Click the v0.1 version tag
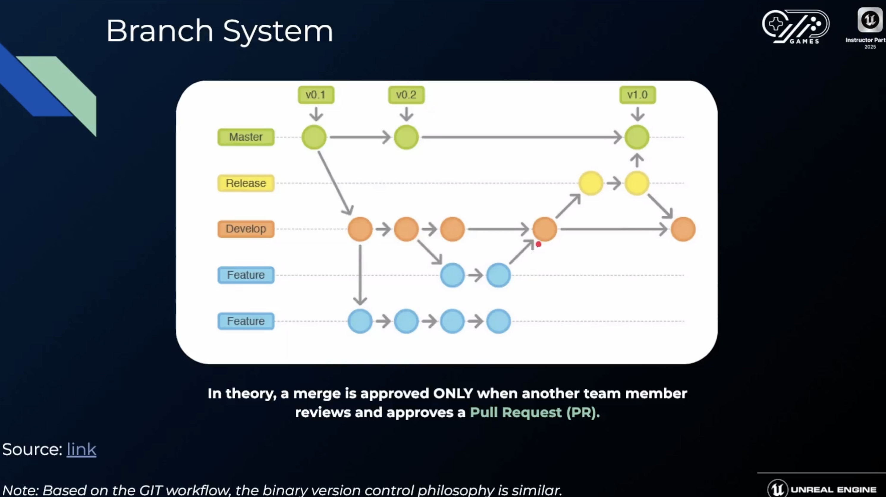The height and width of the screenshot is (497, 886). tap(316, 95)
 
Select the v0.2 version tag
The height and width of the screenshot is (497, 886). tap(406, 95)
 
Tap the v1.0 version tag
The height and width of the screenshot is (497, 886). tap(637, 95)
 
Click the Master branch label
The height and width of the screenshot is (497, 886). tap(246, 137)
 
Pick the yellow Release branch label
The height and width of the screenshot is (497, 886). tap(246, 183)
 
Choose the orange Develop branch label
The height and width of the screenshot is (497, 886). tap(246, 229)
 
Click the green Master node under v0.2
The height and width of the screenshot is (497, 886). tap(406, 137)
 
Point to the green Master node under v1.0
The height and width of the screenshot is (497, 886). tap(637, 137)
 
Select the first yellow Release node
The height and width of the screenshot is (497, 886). tap(590, 183)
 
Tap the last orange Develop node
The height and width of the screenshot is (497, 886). tap(683, 229)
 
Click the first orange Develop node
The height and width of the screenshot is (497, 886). tap(360, 229)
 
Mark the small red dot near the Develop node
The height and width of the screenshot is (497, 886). tap(538, 244)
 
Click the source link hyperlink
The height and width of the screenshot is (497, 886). tap(81, 449)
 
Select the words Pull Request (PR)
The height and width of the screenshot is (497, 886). tap(535, 412)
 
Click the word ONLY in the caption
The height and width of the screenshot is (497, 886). tap(453, 393)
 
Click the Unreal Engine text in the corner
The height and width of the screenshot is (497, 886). tap(833, 490)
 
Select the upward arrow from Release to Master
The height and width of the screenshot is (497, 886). tap(637, 160)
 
